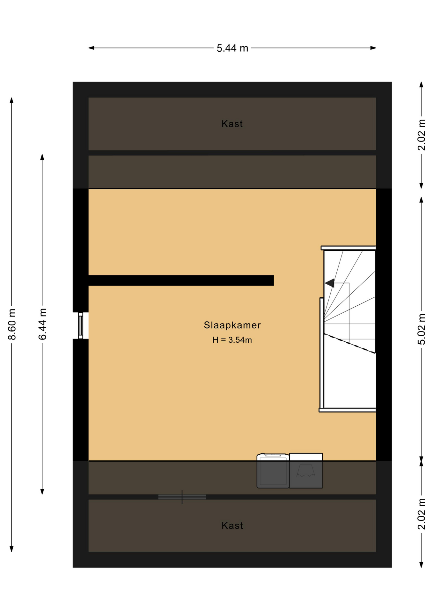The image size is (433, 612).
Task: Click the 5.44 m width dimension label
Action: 232,48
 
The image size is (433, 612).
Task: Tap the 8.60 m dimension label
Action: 12,324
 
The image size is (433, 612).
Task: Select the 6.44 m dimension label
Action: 42,324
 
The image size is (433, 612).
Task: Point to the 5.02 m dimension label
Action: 422,329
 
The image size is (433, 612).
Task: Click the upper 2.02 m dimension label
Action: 422,135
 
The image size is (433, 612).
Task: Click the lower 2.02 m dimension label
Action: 422,514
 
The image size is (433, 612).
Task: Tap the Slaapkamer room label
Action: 232,325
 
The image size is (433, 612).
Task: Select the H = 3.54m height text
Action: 232,340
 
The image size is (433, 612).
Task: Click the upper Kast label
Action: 232,124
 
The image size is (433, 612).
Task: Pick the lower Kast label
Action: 232,526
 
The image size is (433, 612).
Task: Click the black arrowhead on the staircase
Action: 329,283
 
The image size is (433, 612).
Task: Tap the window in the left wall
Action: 81,325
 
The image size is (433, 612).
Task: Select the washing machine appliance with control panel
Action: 273,471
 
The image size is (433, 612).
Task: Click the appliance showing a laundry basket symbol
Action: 306,471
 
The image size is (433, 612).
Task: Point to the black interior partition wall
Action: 181,280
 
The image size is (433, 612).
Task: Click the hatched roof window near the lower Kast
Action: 182,497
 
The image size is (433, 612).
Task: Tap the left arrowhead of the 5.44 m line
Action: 91,48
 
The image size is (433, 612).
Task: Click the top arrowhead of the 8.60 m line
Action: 12,100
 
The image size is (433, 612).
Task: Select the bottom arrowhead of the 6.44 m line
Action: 42,492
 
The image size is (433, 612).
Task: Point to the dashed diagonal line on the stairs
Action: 349,343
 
